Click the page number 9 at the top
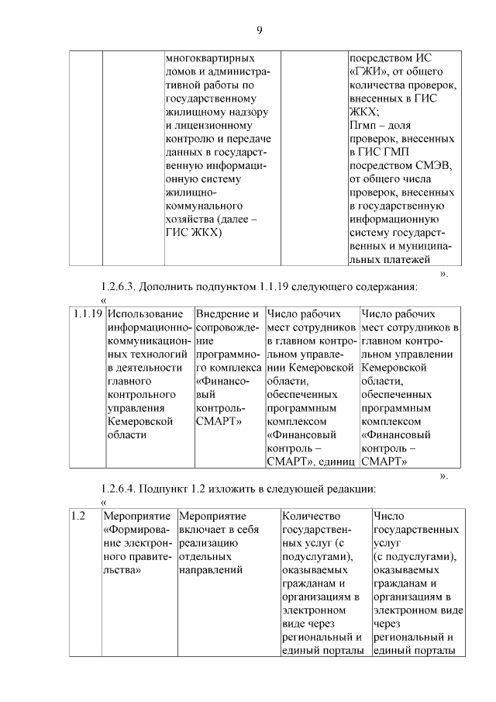point(260,30)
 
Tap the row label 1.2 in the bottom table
point(77,515)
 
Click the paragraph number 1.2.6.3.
point(122,286)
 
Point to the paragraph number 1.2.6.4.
point(122,489)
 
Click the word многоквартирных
point(209,58)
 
